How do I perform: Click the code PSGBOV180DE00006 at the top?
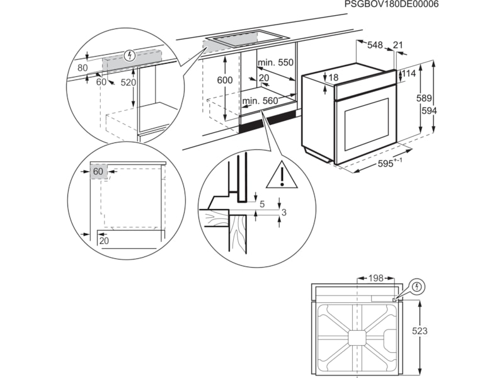click(391, 4)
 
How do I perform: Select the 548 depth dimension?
click(375, 45)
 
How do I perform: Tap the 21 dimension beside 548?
click(398, 45)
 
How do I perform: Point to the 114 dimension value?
click(409, 74)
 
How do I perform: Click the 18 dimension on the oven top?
click(334, 77)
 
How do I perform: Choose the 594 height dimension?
click(429, 110)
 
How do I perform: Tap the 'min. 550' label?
click(276, 62)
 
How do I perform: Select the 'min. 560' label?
click(260, 101)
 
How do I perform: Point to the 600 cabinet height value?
click(225, 80)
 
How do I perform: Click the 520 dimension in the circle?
click(129, 83)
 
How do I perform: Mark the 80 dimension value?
click(83, 67)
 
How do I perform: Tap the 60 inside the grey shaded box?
click(98, 171)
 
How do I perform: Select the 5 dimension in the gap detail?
click(263, 205)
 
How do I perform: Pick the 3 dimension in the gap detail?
click(284, 213)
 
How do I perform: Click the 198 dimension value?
click(376, 278)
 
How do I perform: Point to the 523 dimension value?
click(429, 331)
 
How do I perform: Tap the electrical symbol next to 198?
click(417, 288)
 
